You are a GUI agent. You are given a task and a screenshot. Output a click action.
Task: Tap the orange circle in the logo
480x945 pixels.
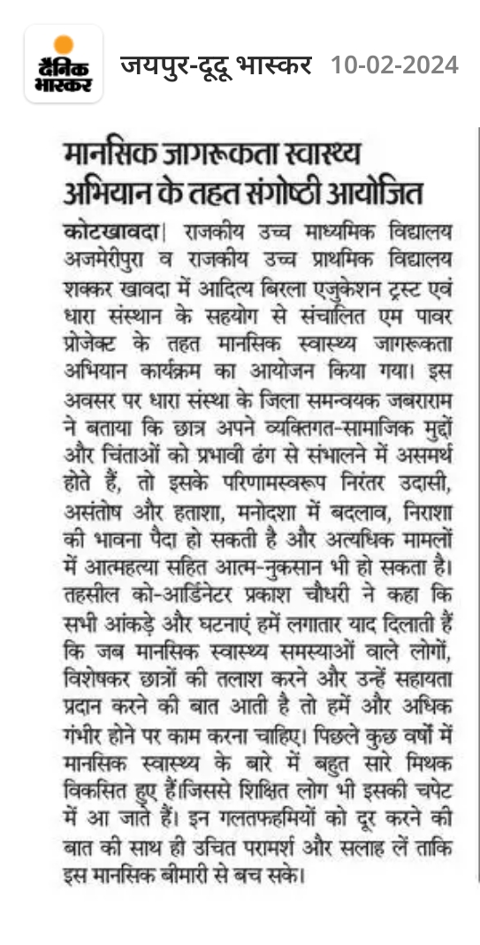tap(63, 44)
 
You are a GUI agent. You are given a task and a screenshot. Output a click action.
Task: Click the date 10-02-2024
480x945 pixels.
tap(394, 65)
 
